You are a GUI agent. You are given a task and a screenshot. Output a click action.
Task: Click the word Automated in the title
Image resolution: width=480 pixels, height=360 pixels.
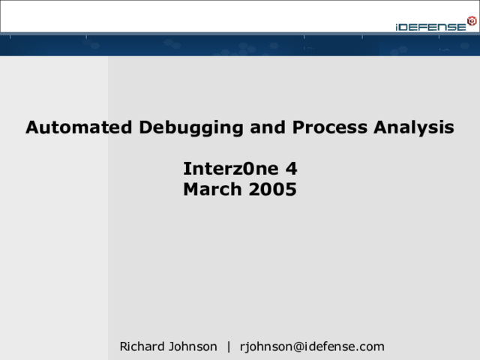(79, 127)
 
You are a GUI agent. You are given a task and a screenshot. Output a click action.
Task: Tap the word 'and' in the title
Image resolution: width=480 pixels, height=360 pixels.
(268, 127)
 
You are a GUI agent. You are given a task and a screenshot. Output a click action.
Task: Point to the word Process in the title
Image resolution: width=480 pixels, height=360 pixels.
(330, 127)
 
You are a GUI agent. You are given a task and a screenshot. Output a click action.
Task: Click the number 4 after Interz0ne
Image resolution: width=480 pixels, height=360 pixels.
(292, 169)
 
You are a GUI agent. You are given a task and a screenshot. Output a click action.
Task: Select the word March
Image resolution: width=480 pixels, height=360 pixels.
(212, 189)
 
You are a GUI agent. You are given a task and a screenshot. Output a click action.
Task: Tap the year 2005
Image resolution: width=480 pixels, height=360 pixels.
(273, 189)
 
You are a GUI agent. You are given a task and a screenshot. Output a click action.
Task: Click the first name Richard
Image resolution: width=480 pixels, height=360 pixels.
(142, 346)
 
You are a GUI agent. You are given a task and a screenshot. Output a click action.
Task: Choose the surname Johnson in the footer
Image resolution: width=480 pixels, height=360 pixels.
(193, 346)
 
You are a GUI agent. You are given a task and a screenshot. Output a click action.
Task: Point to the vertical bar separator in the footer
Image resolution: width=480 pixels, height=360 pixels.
(229, 346)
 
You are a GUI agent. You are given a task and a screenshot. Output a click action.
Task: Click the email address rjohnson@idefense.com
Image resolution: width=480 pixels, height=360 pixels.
(312, 346)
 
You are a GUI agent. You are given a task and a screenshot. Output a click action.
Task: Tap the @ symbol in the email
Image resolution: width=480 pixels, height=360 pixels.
(298, 347)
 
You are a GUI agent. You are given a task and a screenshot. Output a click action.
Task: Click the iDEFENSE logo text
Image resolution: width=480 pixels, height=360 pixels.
(430, 27)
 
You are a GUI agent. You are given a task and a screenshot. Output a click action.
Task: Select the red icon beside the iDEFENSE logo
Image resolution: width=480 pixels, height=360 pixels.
(472, 21)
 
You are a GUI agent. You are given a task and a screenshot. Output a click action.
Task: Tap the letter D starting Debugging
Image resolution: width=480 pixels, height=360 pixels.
(145, 127)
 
